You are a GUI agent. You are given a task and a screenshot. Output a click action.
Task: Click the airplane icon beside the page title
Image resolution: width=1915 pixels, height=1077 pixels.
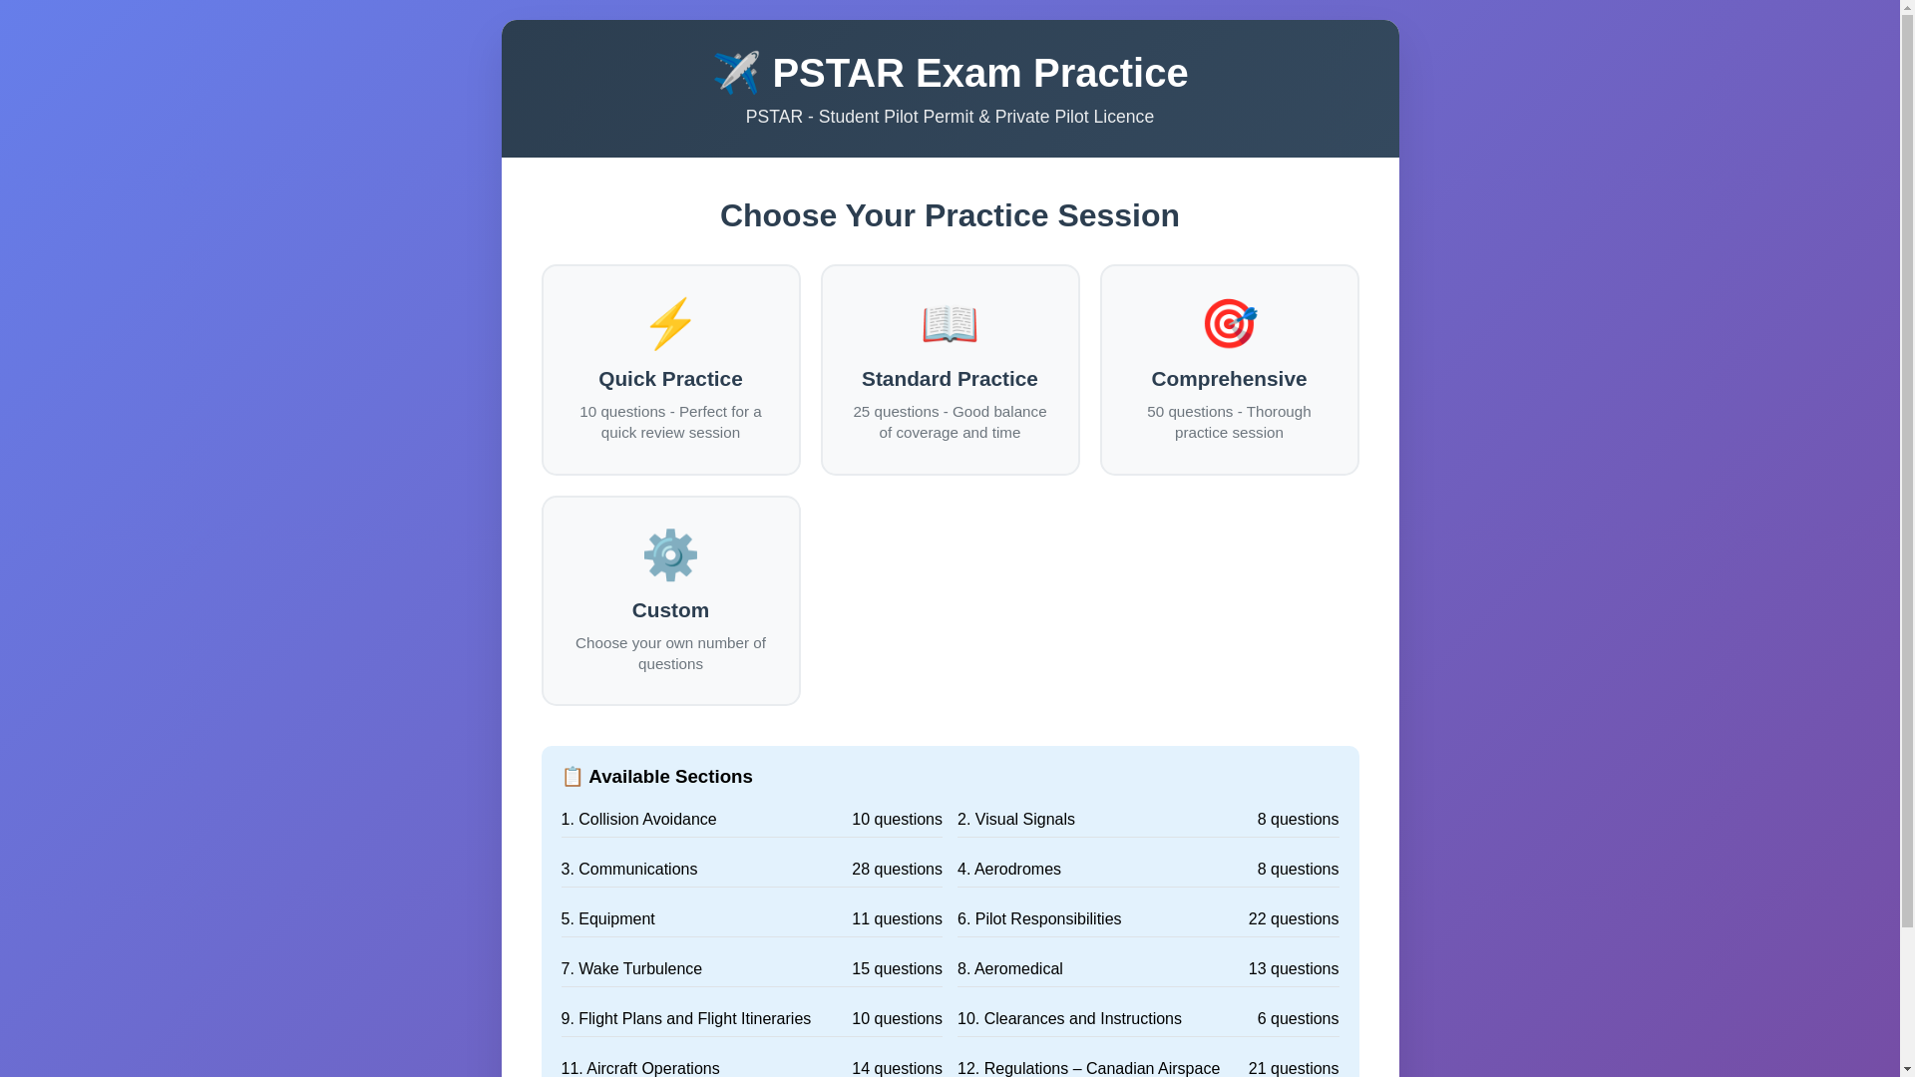736,73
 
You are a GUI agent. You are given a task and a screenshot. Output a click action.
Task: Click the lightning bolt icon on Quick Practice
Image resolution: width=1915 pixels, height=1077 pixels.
670,323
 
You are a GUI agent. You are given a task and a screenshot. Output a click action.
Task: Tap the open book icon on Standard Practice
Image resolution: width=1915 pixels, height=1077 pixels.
950,324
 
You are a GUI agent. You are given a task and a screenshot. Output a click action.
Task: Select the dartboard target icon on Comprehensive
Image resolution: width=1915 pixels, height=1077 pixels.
1229,323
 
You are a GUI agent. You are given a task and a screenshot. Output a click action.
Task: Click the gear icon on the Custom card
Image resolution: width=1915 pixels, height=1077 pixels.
670,554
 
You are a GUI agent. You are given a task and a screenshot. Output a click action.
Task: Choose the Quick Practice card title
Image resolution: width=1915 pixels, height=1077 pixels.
670,379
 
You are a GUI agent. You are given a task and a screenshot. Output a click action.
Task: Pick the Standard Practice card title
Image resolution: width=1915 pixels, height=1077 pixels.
950,379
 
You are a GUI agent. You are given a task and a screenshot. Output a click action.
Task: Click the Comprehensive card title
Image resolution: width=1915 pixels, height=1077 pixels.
1229,379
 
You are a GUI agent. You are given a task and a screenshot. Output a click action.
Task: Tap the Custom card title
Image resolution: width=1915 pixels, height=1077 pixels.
670,610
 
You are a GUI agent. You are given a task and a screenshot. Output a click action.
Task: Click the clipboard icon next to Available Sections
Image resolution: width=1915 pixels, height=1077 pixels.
573,776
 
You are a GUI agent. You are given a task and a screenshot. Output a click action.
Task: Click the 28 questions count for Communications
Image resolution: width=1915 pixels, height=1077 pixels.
897,870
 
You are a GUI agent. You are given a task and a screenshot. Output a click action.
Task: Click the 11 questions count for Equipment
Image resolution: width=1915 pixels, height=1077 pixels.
897,919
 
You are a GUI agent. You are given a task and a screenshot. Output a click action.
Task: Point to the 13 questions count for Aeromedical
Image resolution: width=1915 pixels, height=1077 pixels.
1294,969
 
